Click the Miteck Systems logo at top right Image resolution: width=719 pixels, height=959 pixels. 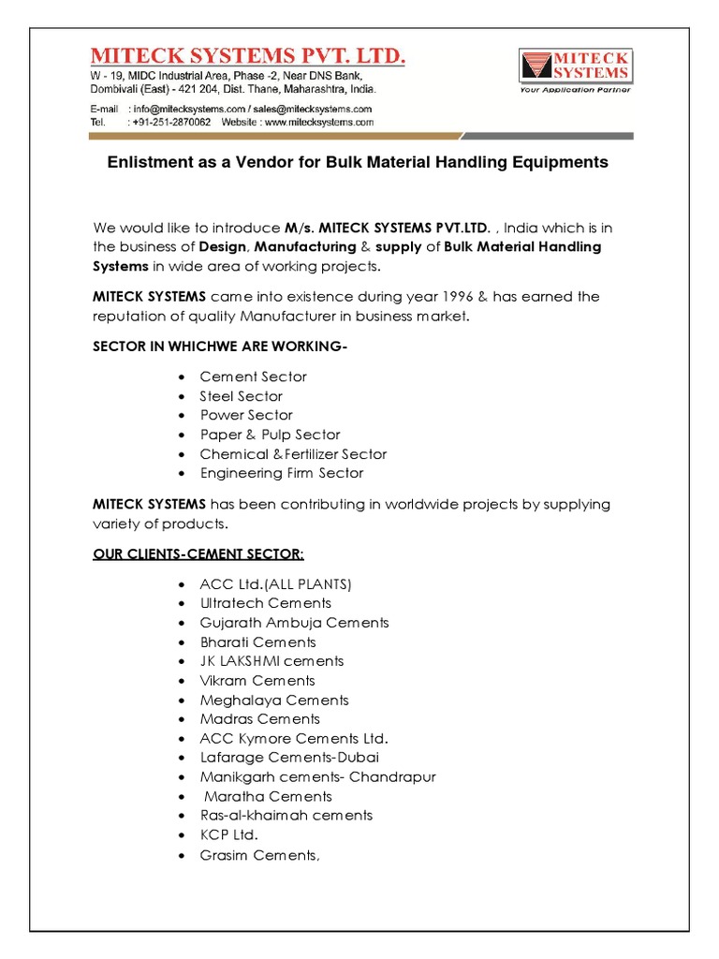pos(575,66)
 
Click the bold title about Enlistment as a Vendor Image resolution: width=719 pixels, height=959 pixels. pos(358,162)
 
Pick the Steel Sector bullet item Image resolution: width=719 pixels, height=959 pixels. pos(241,396)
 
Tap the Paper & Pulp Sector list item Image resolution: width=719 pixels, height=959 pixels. pos(270,435)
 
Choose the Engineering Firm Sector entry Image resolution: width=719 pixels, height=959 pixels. pos(281,473)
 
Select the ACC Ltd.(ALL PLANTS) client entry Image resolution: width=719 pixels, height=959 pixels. pos(275,584)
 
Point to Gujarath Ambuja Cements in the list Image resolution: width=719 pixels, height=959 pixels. pos(294,623)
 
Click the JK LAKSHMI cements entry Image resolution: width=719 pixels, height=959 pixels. pos(271,661)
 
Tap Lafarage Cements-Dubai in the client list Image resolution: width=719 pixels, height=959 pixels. pos(289,758)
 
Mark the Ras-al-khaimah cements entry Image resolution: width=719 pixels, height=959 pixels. pos(286,816)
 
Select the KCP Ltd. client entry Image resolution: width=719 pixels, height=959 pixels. pos(228,834)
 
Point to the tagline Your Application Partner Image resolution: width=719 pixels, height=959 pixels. pos(575,90)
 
